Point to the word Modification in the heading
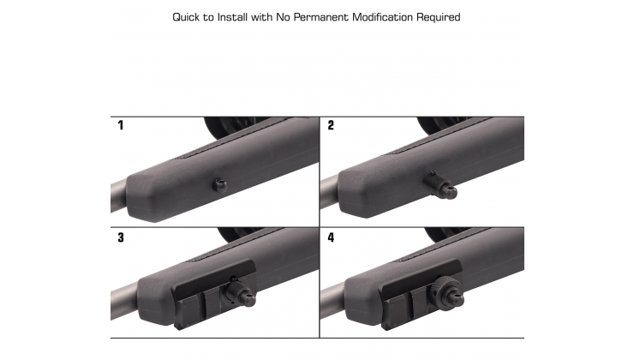[x=382, y=17]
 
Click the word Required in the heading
[x=439, y=17]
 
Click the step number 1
[x=121, y=125]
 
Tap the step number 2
[x=331, y=125]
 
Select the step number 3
[x=121, y=237]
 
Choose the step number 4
[x=331, y=237]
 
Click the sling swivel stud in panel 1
[x=220, y=185]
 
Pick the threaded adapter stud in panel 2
[x=440, y=185]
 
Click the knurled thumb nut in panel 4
[x=440, y=287]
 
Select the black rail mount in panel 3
[x=214, y=293]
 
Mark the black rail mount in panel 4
[x=422, y=293]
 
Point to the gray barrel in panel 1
[x=119, y=196]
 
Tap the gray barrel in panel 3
[x=124, y=302]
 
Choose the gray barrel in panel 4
[x=333, y=299]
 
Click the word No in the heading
[x=283, y=17]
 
